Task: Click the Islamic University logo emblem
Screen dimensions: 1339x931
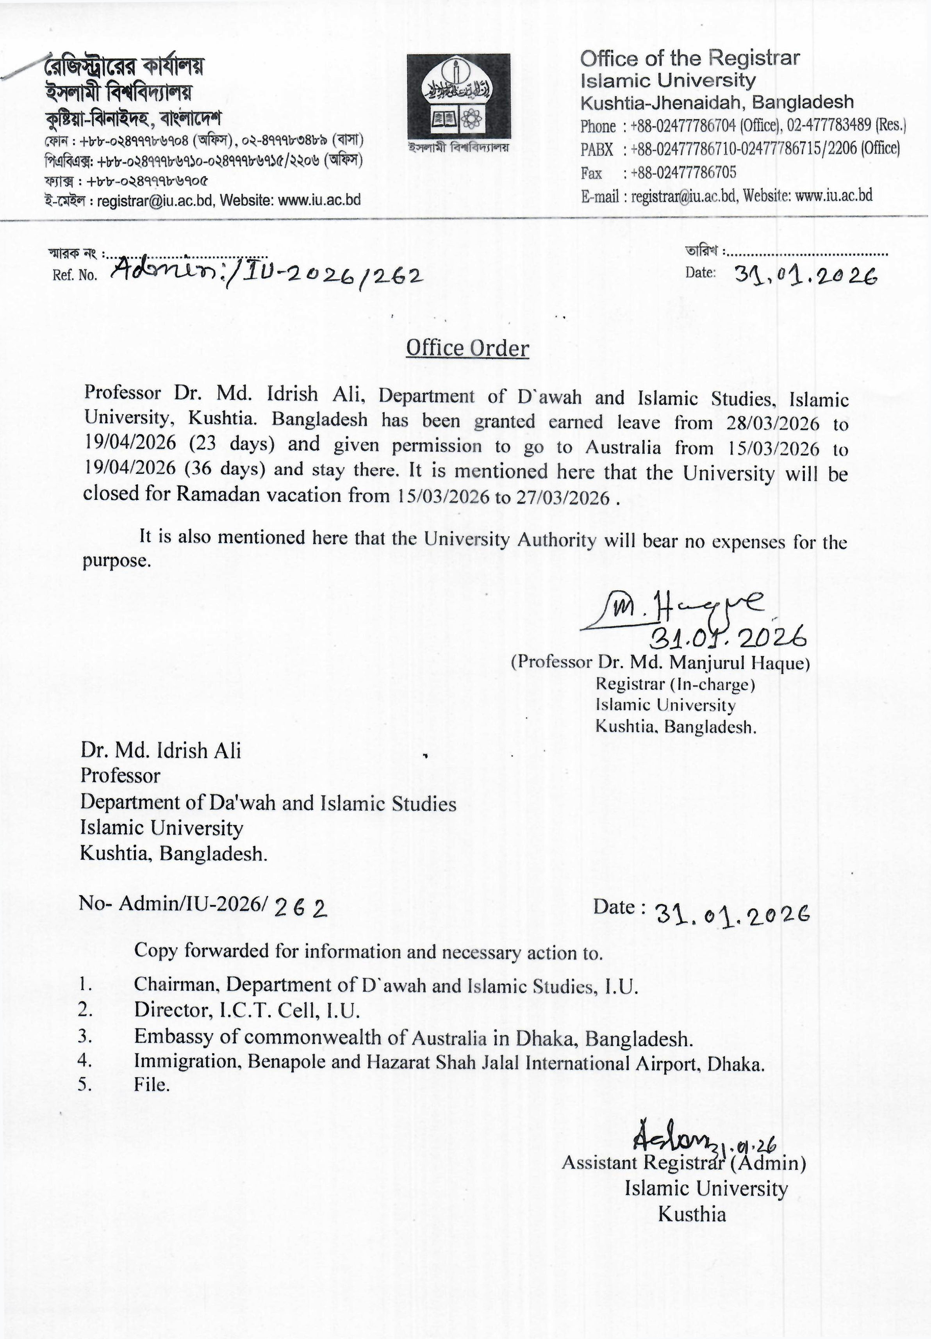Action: [x=458, y=96]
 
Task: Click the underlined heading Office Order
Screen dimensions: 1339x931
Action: [x=467, y=348]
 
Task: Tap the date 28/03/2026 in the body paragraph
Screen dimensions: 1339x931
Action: [x=772, y=423]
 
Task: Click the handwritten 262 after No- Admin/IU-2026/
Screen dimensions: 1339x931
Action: [x=300, y=908]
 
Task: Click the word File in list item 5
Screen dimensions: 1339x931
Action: [x=151, y=1085]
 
